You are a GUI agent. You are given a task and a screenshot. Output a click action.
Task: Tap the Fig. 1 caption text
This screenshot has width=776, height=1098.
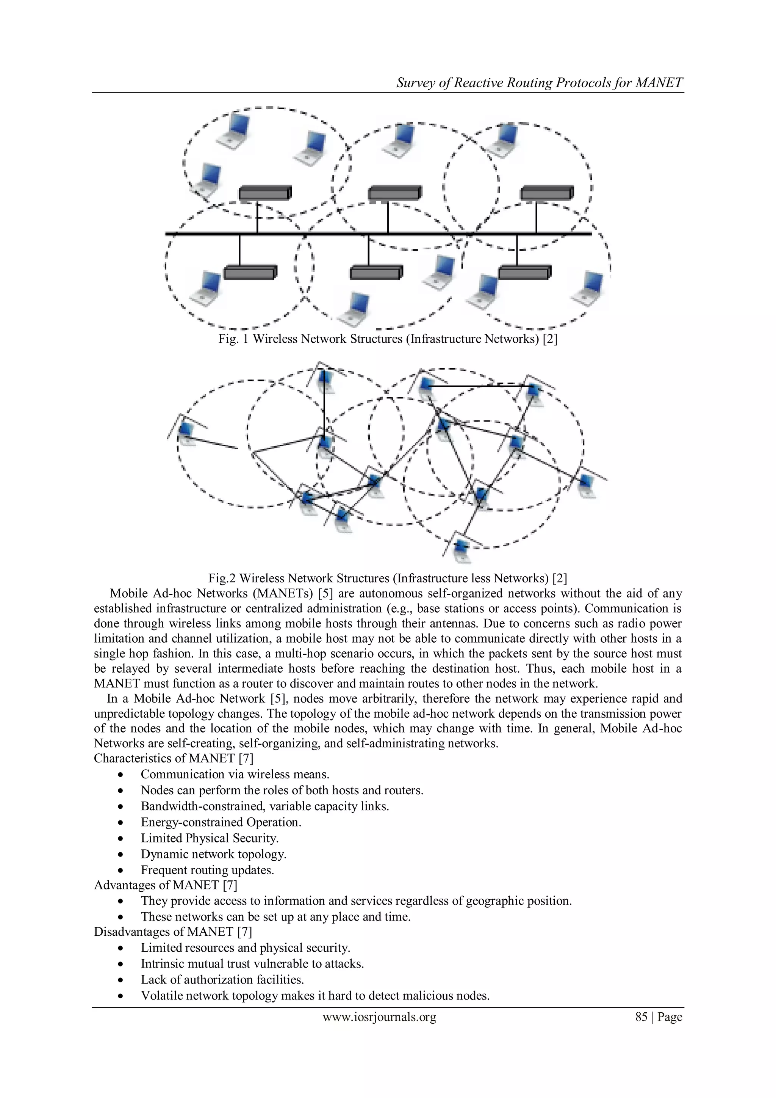388,339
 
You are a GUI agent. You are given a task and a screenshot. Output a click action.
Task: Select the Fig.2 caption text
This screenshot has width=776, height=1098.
388,578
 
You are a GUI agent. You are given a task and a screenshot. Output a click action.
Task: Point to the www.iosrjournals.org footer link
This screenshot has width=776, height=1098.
379,1017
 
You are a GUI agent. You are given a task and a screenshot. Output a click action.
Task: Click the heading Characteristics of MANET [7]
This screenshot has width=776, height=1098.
174,758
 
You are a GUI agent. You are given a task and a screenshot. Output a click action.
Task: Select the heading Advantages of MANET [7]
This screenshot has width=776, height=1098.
165,885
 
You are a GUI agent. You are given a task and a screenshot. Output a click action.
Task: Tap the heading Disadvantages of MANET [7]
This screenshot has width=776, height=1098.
173,932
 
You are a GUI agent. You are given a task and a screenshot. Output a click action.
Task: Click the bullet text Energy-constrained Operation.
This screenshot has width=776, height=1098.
221,822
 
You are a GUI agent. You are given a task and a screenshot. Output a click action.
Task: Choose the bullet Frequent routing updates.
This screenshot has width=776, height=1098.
207,870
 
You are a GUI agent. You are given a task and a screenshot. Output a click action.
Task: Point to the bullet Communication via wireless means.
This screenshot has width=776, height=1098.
235,774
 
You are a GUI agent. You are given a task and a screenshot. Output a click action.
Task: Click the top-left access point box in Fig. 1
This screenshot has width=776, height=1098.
265,193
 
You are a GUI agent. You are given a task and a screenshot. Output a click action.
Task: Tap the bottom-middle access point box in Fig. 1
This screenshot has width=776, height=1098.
376,273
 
